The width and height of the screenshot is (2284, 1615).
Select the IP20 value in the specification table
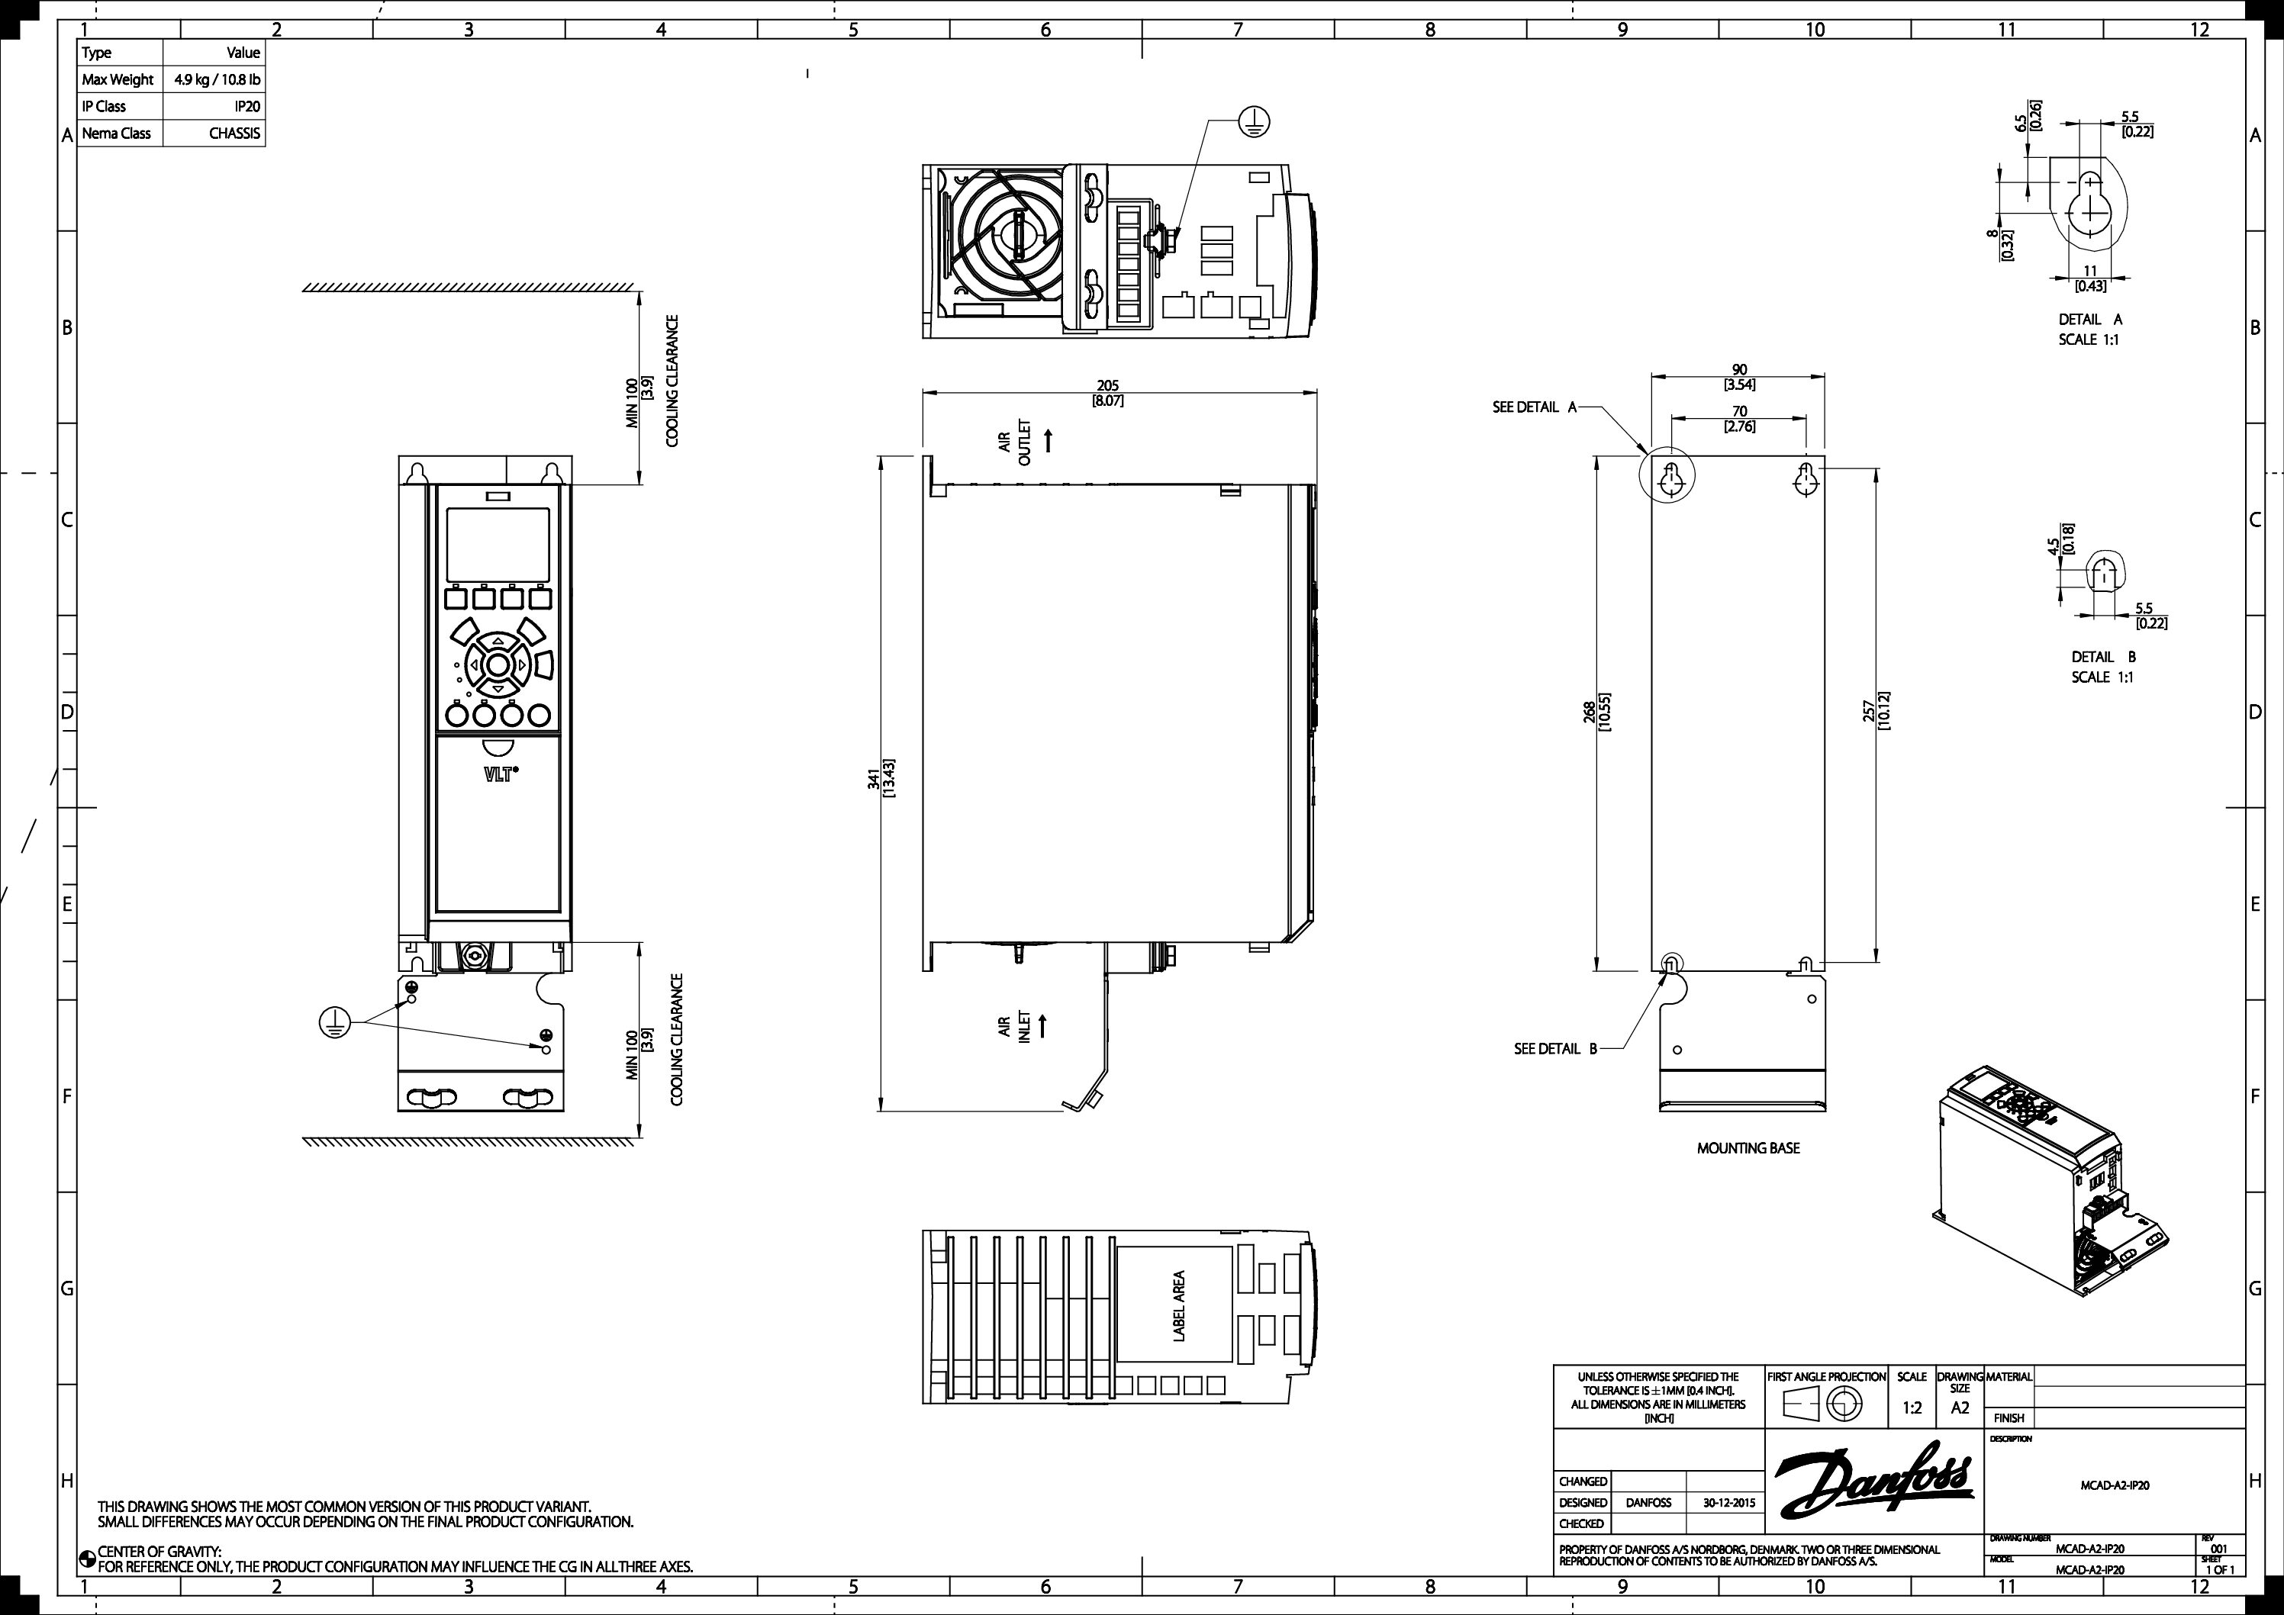coord(246,106)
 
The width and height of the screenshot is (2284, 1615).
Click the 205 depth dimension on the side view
coord(1107,386)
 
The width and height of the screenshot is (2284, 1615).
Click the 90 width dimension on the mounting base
coord(1739,370)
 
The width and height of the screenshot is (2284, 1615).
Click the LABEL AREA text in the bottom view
coord(1179,1306)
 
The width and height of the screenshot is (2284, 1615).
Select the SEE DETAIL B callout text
coord(1554,1048)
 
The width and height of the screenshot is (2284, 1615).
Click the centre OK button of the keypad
coord(498,664)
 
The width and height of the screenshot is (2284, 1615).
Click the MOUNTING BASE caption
coord(1748,1147)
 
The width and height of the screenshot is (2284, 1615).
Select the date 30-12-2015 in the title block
coord(1729,1503)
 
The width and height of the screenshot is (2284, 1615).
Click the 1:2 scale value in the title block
coord(1912,1407)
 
